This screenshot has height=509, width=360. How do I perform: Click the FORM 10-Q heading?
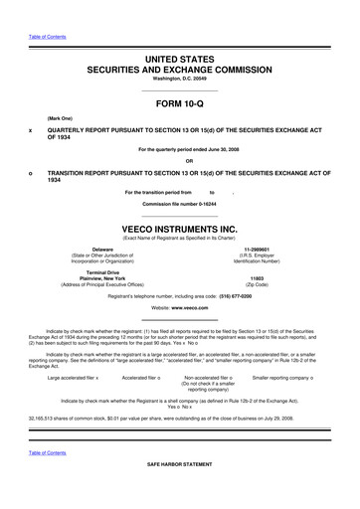[x=179, y=103]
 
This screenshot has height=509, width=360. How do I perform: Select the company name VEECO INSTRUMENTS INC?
[x=179, y=227]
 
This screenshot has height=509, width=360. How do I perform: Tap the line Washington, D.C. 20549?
[x=179, y=79]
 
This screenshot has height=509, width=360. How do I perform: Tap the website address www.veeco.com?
[x=193, y=309]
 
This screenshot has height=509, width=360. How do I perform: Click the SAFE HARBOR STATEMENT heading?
[x=179, y=492]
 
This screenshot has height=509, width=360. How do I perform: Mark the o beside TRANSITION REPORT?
[x=32, y=175]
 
